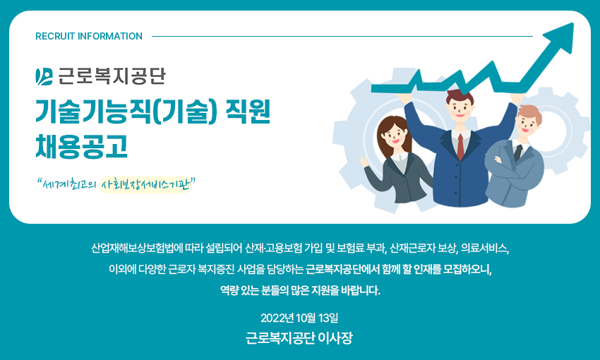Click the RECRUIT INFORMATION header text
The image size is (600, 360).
[89, 36]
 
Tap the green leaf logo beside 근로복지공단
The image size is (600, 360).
[44, 76]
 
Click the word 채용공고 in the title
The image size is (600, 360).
[81, 146]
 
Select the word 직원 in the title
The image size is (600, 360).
[248, 112]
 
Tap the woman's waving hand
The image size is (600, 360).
[363, 161]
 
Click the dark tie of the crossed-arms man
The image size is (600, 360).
[517, 153]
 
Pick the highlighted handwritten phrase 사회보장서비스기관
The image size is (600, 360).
[145, 185]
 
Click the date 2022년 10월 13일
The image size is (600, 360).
[299, 318]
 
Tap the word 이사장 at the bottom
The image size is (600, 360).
[335, 338]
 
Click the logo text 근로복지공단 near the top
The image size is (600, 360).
[112, 76]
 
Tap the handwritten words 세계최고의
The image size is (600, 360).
[68, 186]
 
